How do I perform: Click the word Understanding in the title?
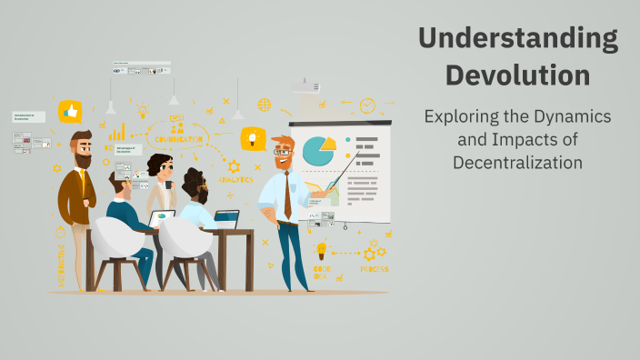518,39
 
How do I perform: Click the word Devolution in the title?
518,73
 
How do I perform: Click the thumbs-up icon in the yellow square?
70,112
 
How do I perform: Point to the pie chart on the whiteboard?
317,150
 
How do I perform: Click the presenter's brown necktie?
287,196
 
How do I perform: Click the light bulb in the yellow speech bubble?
252,139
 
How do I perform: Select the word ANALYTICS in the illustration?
235,180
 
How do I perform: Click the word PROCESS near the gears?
374,269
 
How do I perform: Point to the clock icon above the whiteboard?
367,106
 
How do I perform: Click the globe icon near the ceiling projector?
264,105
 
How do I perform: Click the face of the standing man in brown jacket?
82,151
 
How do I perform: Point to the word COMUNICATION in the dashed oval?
178,139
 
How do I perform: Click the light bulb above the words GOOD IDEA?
321,249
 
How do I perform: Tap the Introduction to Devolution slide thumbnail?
28,117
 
